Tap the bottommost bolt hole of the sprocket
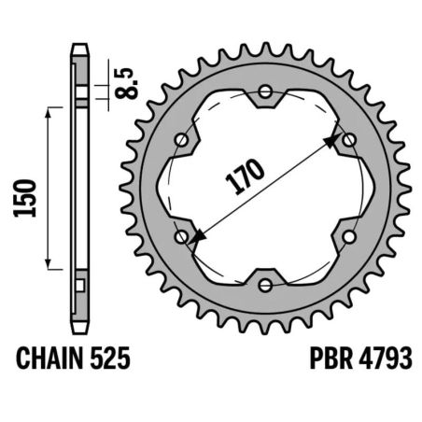coord(265,285)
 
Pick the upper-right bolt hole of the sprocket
coord(349,140)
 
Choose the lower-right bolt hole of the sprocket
coord(349,236)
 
